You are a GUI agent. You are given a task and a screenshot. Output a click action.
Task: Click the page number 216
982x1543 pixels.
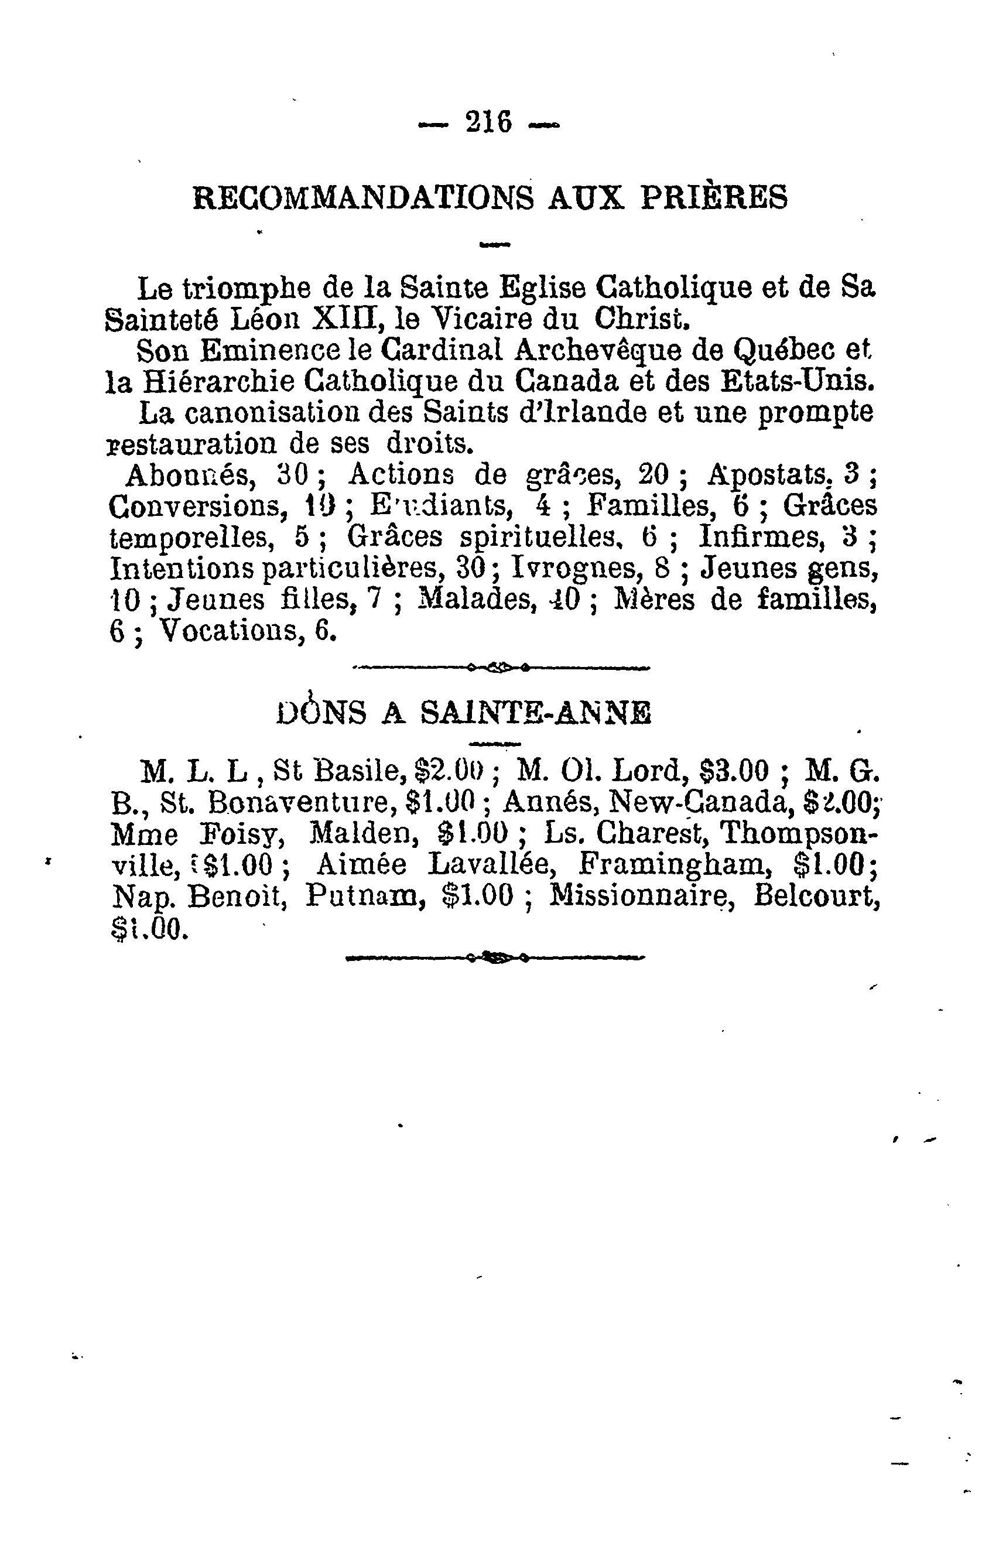click(490, 122)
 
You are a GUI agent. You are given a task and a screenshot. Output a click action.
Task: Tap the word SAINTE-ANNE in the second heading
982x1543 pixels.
click(536, 713)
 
